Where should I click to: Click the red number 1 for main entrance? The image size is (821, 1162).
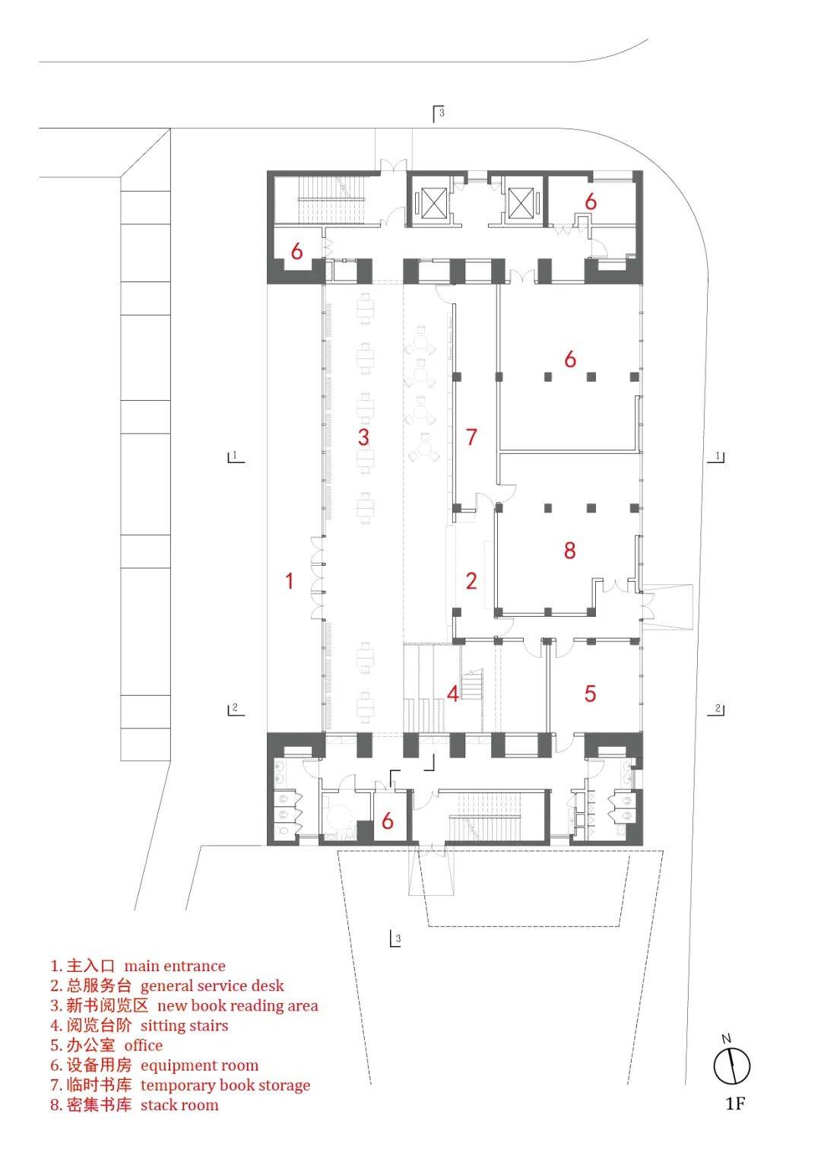pyautogui.click(x=290, y=580)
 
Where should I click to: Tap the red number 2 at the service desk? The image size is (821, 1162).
pyautogui.click(x=471, y=580)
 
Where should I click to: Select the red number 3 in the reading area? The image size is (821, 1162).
pyautogui.click(x=363, y=437)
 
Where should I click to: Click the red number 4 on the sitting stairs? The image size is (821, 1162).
pyautogui.click(x=453, y=694)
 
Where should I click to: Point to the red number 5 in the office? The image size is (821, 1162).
pyautogui.click(x=590, y=694)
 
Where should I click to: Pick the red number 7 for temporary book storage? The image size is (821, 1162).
pyautogui.click(x=471, y=437)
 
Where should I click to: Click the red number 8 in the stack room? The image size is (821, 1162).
pyautogui.click(x=569, y=550)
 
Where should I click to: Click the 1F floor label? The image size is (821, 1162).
pyautogui.click(x=735, y=1103)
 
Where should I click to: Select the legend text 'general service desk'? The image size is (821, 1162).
pyautogui.click(x=212, y=986)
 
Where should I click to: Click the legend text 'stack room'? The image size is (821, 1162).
pyautogui.click(x=179, y=1104)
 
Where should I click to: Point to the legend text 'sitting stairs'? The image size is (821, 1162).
pyautogui.click(x=184, y=1025)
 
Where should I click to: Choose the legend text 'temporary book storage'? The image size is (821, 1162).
pyautogui.click(x=225, y=1084)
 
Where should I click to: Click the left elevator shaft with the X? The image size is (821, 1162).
pyautogui.click(x=430, y=203)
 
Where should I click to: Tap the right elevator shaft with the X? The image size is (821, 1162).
pyautogui.click(x=521, y=203)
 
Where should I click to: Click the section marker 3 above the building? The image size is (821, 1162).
pyautogui.click(x=439, y=113)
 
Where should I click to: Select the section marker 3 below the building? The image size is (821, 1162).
pyautogui.click(x=395, y=938)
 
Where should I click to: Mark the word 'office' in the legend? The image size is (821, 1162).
pyautogui.click(x=143, y=1045)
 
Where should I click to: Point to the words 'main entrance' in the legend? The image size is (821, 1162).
pyautogui.click(x=175, y=965)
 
